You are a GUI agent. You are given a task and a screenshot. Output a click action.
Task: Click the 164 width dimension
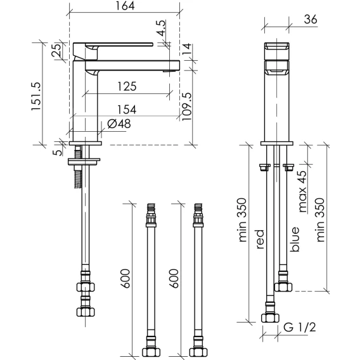(125, 6)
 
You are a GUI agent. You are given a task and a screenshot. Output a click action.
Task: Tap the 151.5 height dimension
(36, 96)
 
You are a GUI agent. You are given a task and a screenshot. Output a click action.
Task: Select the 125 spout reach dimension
(127, 86)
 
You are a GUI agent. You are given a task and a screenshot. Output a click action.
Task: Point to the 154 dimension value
(127, 109)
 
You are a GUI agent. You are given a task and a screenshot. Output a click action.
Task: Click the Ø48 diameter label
(119, 124)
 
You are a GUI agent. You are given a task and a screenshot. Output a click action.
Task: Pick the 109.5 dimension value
(186, 106)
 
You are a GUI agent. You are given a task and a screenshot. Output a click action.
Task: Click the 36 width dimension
(311, 19)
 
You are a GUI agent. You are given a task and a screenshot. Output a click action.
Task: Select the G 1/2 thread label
(300, 327)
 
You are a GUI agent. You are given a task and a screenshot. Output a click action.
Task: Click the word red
(260, 239)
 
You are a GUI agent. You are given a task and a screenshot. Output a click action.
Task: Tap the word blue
(295, 239)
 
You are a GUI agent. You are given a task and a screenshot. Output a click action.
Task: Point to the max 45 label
(302, 191)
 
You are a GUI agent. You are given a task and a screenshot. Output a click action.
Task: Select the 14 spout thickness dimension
(187, 49)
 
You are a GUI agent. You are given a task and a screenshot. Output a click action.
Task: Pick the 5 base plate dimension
(58, 153)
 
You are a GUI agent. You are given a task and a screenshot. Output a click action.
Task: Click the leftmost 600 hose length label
(125, 278)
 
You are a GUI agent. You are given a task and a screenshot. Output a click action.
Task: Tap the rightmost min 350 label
(320, 220)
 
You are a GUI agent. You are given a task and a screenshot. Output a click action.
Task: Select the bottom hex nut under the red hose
(270, 318)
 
